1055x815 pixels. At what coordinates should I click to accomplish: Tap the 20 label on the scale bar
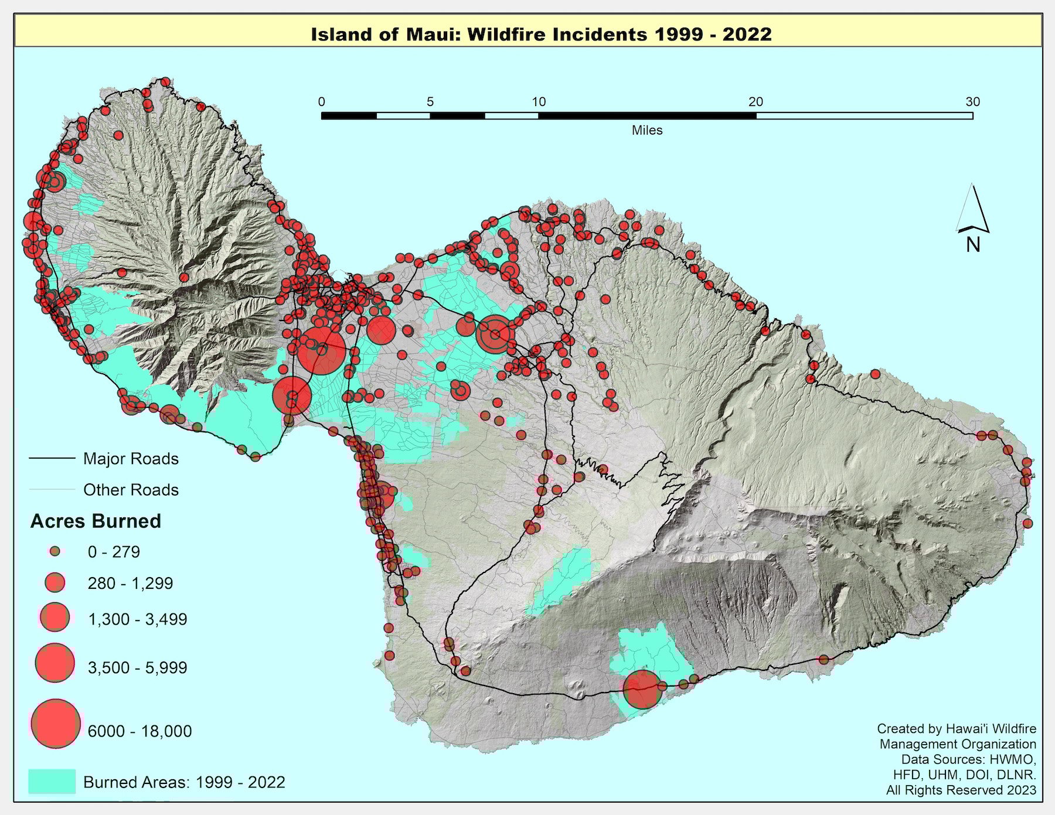[x=755, y=102]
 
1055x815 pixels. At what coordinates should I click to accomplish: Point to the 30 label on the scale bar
[x=972, y=102]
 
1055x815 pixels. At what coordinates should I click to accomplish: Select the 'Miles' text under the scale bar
[x=646, y=131]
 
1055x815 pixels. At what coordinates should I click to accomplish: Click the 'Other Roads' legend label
[x=131, y=490]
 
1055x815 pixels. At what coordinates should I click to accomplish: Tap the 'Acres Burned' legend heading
[x=96, y=521]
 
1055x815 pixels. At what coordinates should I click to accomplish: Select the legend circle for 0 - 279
[x=55, y=551]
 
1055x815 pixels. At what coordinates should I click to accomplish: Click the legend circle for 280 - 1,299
[x=55, y=582]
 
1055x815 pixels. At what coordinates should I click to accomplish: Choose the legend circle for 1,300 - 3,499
[x=55, y=618]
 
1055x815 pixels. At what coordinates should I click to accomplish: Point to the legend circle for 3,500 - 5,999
[x=55, y=663]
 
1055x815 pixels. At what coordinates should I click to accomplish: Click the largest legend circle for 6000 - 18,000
[x=56, y=724]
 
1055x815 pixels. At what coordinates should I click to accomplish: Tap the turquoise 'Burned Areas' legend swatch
[x=52, y=781]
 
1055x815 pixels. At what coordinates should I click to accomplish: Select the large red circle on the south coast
[x=642, y=690]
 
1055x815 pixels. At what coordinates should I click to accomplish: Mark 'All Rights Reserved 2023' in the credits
[x=961, y=790]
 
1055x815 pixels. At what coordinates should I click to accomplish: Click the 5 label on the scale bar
[x=430, y=102]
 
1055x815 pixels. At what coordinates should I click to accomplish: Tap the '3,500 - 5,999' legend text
[x=137, y=667]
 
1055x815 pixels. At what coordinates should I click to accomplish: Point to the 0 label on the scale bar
[x=322, y=102]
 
